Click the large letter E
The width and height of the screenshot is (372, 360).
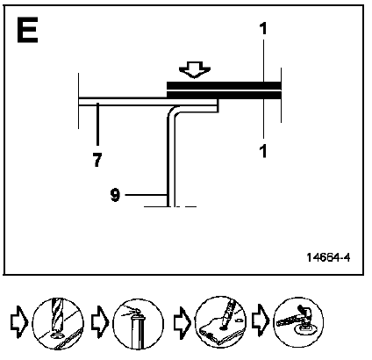[27, 30]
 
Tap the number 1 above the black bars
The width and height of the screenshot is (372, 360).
[263, 29]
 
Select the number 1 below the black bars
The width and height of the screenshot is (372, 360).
[263, 152]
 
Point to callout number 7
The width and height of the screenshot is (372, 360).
[97, 161]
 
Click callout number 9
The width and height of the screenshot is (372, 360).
[115, 195]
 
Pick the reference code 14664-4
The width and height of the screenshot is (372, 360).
[328, 257]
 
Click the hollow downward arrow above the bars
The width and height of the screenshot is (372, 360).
[195, 69]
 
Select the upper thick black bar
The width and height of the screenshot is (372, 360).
[224, 85]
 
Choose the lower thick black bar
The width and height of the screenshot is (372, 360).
[224, 95]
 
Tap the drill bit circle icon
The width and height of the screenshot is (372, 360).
[58, 323]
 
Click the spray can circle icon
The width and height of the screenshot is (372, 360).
[138, 324]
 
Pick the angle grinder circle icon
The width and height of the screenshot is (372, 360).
[298, 322]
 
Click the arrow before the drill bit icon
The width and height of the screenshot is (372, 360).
[19, 322]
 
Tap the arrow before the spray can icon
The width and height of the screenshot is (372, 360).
[100, 322]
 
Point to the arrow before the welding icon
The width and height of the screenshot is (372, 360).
[182, 322]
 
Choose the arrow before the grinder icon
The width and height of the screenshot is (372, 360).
[261, 321]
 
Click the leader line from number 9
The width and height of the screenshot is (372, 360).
[146, 194]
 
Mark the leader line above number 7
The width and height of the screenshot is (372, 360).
[97, 124]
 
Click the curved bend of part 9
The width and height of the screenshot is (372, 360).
[171, 111]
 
